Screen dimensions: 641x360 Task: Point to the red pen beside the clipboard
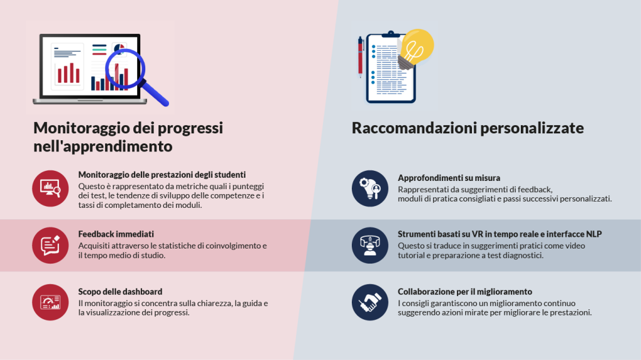click(361, 57)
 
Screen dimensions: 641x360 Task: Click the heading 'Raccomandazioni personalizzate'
click(468, 128)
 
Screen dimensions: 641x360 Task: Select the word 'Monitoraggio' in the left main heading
click(81, 128)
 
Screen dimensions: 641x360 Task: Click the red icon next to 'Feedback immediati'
click(50, 245)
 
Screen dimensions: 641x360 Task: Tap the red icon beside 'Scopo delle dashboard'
click(50, 302)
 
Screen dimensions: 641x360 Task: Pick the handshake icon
click(370, 302)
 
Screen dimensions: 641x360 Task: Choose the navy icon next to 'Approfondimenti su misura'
click(370, 188)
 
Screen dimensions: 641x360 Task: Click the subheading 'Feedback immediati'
click(116, 234)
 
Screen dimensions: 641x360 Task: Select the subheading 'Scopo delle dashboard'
click(120, 292)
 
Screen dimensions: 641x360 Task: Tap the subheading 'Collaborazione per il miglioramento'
click(465, 292)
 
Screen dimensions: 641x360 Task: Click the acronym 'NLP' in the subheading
click(593, 234)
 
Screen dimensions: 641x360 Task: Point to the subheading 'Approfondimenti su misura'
click(449, 178)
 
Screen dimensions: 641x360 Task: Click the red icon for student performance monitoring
click(50, 188)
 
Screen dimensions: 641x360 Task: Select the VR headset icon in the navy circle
click(370, 245)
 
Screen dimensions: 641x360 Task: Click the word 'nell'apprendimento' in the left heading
click(103, 147)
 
